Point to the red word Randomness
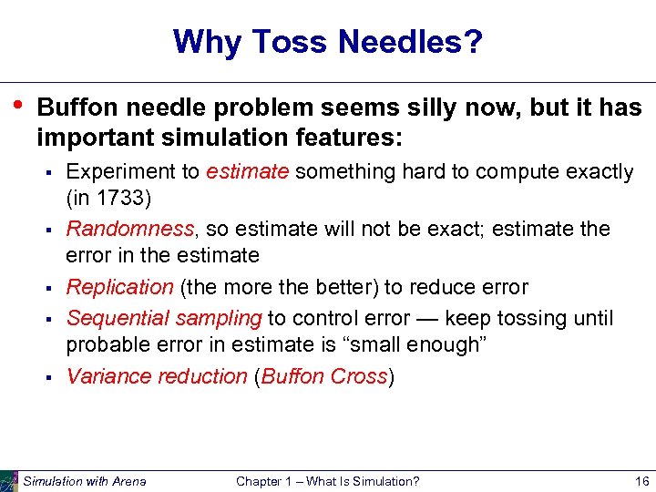click(x=118, y=229)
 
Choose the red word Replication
click(x=119, y=287)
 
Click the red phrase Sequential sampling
click(x=164, y=318)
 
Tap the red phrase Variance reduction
click(x=157, y=376)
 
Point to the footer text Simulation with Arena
click(x=85, y=481)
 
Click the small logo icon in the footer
click(x=9, y=480)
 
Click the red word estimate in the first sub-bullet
click(x=248, y=171)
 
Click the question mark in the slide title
click(x=473, y=41)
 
